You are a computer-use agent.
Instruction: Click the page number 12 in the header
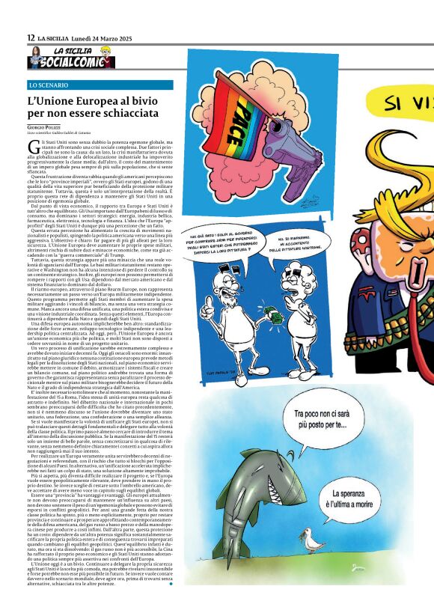(30, 38)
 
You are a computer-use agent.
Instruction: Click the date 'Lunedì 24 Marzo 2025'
(103, 38)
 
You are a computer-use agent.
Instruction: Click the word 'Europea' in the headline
(85, 101)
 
